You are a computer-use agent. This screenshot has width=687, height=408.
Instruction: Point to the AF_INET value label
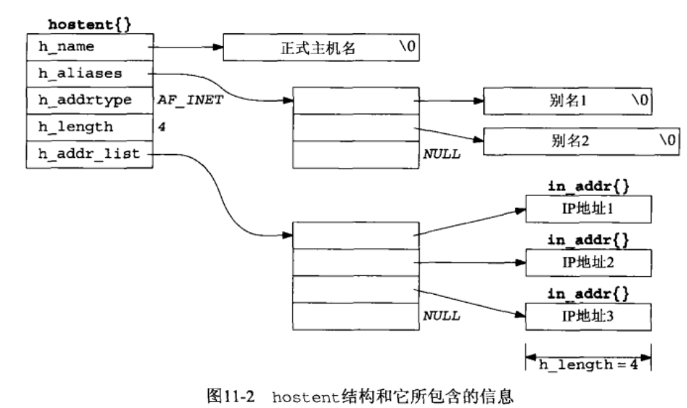[x=189, y=100]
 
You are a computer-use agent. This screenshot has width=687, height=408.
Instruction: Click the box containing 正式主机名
[x=320, y=48]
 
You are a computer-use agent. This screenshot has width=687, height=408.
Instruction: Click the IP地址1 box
[x=588, y=209]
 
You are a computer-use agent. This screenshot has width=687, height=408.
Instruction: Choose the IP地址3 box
[x=588, y=314]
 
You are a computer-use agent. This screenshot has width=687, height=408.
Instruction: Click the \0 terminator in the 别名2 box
[x=667, y=141]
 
